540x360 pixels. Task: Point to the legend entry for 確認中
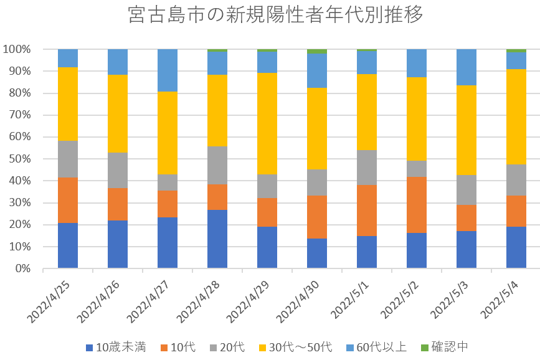[443, 347]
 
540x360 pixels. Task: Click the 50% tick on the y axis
[18, 159]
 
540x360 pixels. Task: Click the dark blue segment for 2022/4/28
[217, 239]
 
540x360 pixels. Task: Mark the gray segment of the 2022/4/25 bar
[68, 159]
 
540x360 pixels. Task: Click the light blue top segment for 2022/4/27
[168, 70]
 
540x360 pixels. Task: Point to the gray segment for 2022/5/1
[367, 168]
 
